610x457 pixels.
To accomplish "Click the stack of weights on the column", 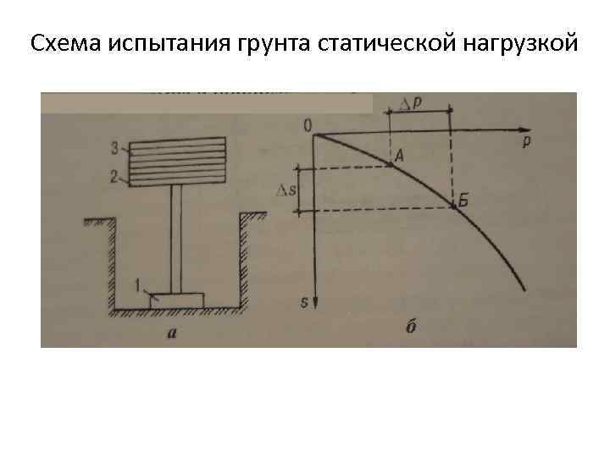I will [x=178, y=162].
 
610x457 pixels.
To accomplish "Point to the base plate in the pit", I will [x=177, y=300].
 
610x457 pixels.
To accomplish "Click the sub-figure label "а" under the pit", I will [x=172, y=333].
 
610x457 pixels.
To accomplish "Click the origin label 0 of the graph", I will [x=306, y=126].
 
